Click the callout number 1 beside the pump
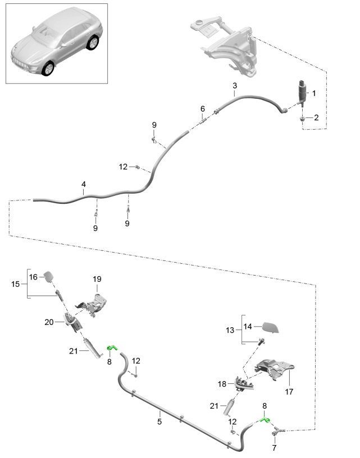coord(314,93)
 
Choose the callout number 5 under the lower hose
coord(203,108)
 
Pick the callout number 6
coord(274,448)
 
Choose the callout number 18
coord(222,384)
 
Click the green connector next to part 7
coord(266,419)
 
